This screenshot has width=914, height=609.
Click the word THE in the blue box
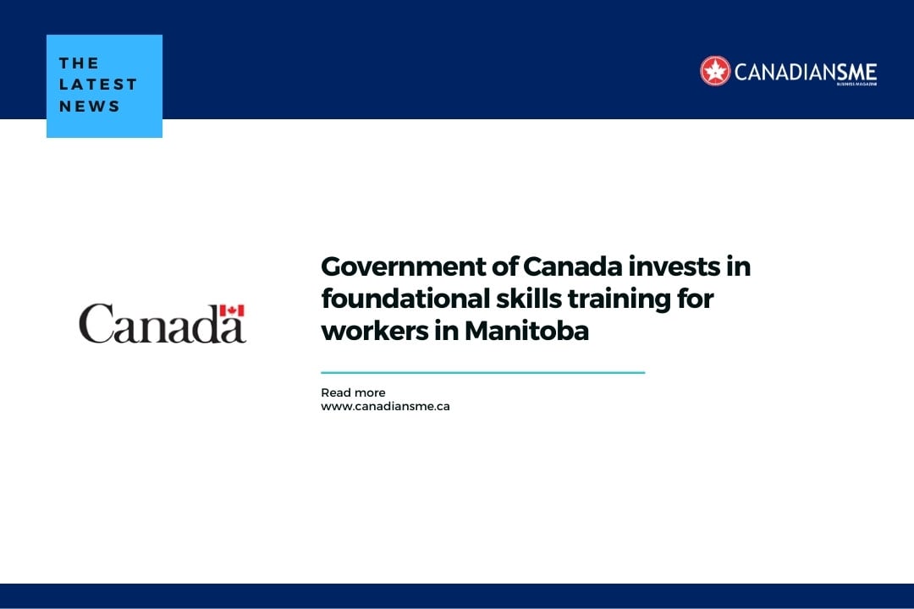click(x=79, y=63)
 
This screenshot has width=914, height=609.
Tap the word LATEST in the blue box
click(x=98, y=85)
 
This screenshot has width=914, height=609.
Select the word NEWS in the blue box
click(x=90, y=107)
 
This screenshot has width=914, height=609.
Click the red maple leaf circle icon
click(x=715, y=71)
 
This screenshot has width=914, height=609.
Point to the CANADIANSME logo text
click(x=805, y=72)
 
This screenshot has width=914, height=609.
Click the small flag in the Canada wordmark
click(x=232, y=310)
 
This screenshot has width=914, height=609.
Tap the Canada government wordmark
click(x=162, y=323)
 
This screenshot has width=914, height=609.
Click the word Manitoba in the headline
click(x=526, y=331)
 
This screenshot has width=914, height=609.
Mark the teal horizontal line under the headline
click(x=482, y=372)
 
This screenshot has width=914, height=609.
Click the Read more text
click(x=353, y=392)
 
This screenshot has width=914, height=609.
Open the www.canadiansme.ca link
click(x=385, y=406)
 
